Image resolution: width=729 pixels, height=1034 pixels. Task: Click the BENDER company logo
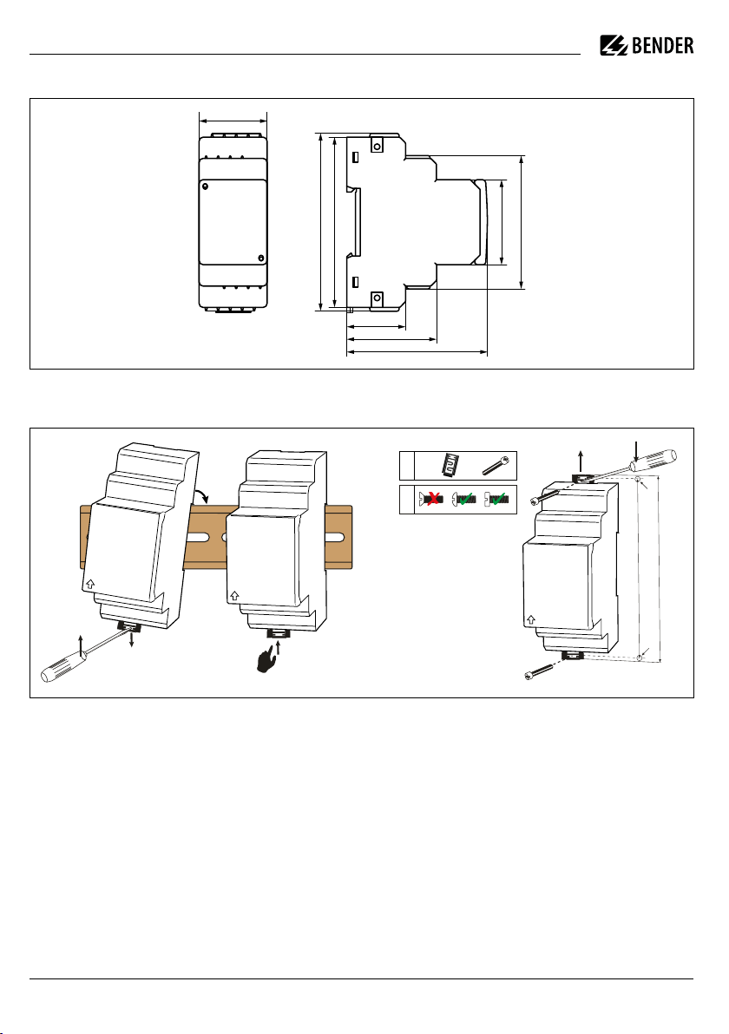point(647,45)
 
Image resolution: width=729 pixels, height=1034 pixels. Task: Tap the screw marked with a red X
point(430,499)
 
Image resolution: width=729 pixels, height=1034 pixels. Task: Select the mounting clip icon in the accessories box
point(450,465)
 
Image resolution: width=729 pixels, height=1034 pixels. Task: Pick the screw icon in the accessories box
point(495,465)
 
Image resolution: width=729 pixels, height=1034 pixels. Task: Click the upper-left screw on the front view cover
point(205,187)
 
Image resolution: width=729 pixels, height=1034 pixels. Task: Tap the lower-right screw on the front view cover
point(260,258)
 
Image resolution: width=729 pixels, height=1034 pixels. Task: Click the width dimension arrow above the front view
point(233,121)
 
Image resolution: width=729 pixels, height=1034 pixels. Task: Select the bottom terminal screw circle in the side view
point(377,298)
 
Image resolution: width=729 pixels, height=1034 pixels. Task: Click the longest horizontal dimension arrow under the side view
point(417,353)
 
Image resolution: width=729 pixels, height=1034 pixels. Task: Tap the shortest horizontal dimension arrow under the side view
point(376,327)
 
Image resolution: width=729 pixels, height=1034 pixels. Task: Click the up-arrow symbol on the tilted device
point(90,584)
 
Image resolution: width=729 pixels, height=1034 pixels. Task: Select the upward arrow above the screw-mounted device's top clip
point(581,461)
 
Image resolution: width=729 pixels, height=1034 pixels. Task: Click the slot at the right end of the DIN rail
point(334,537)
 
